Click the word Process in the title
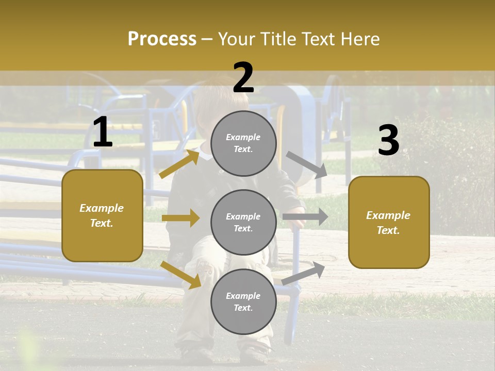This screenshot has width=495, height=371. [162, 39]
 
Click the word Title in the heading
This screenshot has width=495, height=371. [280, 39]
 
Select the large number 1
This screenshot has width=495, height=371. [103, 132]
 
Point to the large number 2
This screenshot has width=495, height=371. [243, 78]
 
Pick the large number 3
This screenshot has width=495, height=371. [388, 141]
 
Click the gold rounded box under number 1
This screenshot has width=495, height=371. [102, 215]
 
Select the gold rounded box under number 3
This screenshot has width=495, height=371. [389, 222]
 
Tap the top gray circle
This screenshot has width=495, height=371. [243, 143]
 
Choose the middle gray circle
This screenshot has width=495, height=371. [243, 222]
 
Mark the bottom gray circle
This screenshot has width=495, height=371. [243, 301]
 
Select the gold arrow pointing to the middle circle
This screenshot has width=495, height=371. [180, 218]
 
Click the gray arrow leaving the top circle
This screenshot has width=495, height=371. [307, 164]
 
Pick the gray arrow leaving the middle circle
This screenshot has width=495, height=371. [305, 216]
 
